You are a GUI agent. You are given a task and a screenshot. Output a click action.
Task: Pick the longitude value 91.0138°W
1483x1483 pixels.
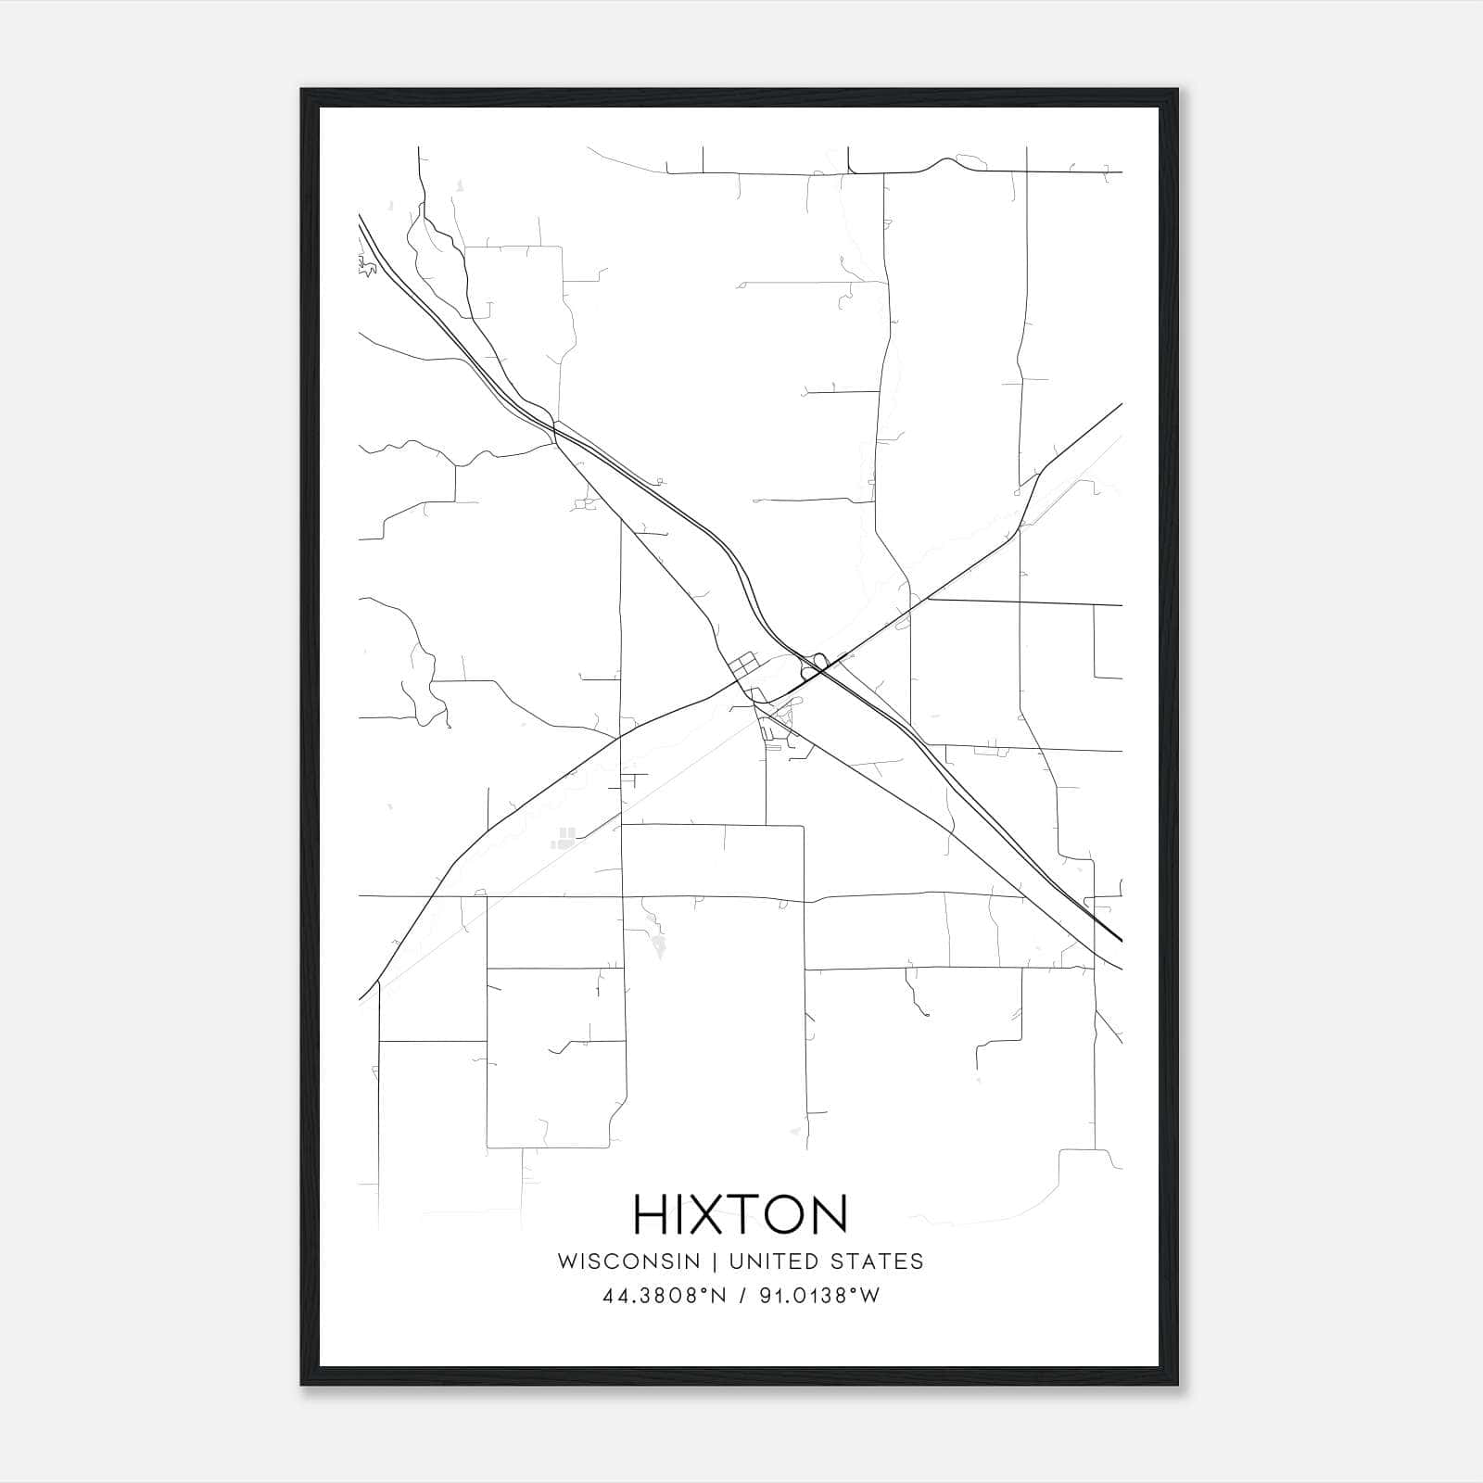(x=819, y=1296)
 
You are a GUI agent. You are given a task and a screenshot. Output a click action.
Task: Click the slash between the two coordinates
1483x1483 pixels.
(x=741, y=1296)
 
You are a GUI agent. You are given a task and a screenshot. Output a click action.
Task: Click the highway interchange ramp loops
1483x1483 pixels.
(x=817, y=665)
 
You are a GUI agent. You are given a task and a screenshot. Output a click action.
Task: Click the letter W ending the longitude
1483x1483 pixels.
(x=869, y=1296)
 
